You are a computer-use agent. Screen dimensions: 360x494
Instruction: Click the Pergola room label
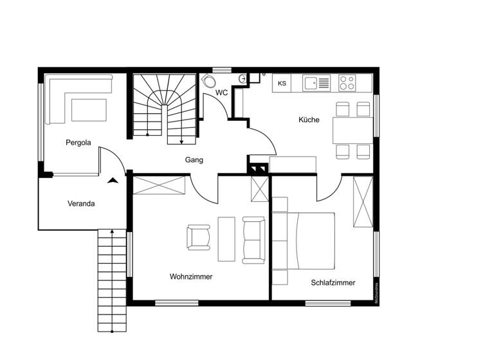coord(78,143)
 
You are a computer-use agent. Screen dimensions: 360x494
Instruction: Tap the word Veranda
coord(82,204)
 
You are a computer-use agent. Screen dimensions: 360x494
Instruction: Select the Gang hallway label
coord(194,159)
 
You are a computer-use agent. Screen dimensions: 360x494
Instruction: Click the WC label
coord(222,93)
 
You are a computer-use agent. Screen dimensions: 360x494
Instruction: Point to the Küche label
coord(309,120)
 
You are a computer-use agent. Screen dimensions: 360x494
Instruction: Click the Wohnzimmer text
coord(191,276)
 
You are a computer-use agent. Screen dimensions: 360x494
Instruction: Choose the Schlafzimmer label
coord(333,282)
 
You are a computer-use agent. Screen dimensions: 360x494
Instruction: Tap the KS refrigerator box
coord(282,83)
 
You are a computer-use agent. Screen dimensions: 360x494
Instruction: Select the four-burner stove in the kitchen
coord(347,82)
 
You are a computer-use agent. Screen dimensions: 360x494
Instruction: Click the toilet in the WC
coord(208,82)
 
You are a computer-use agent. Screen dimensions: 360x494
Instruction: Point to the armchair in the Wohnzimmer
coord(199,237)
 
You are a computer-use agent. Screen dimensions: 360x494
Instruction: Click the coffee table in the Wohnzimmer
coord(226,239)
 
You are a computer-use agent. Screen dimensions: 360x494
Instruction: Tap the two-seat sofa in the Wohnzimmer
coord(253,240)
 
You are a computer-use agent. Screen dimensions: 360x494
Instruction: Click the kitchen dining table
coord(352,130)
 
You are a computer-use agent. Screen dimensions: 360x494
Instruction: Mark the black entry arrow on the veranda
coord(113,181)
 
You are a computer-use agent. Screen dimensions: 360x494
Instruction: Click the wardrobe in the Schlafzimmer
coord(363,201)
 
